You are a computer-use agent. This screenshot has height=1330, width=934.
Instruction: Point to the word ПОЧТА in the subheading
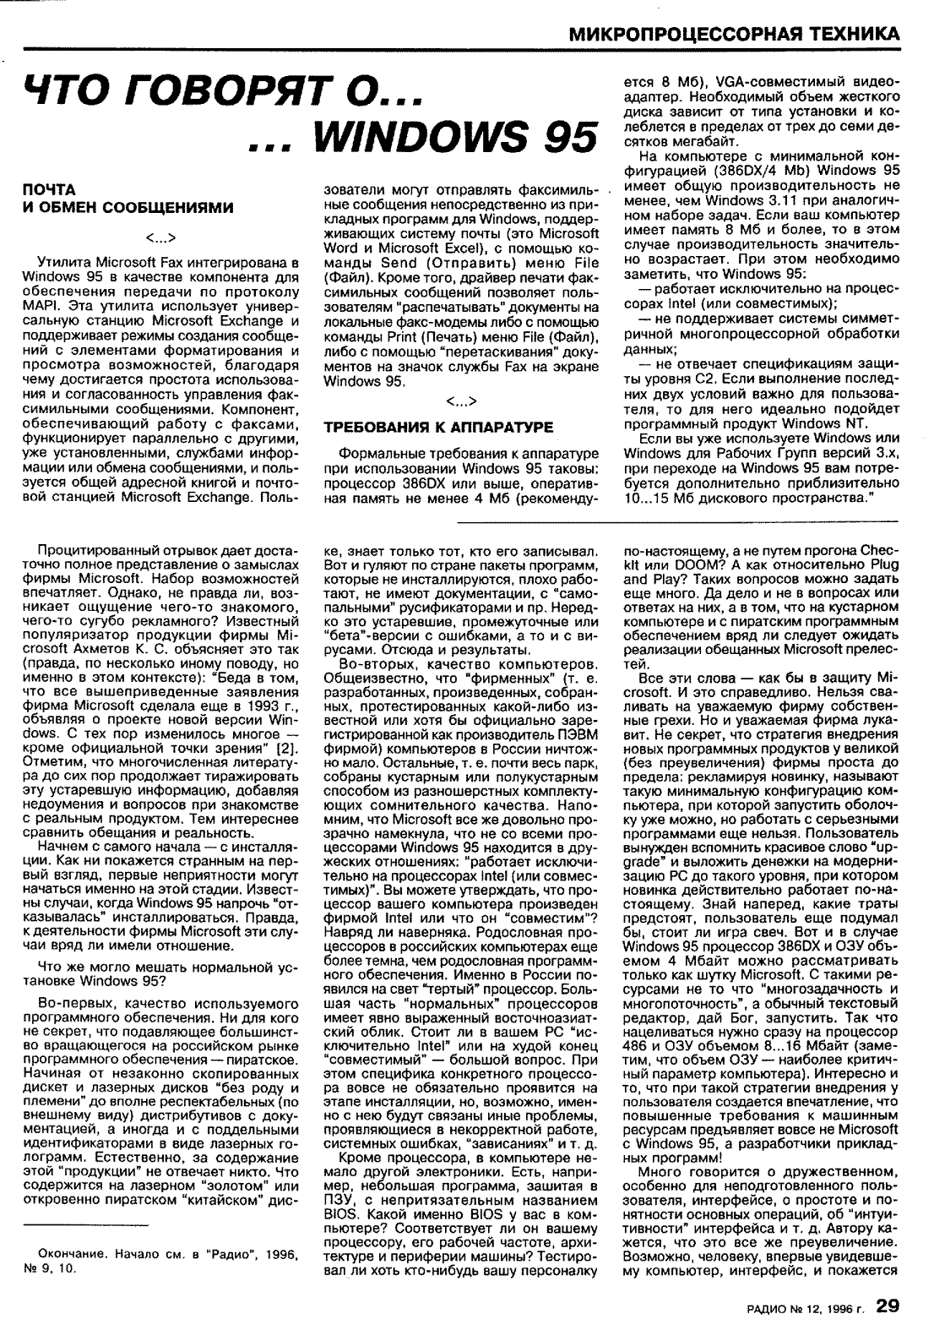[x=48, y=190]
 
